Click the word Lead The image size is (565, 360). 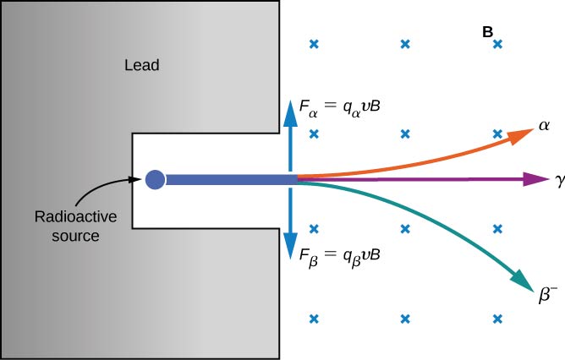tap(141, 65)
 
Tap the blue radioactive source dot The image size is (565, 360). tap(155, 179)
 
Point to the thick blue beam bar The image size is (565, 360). tap(228, 179)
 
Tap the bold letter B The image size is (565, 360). tap(488, 31)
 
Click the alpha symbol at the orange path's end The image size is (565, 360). tap(544, 126)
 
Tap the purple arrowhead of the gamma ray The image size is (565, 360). tap(536, 179)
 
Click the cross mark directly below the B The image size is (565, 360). tap(498, 44)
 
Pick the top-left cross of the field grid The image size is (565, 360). tap(315, 44)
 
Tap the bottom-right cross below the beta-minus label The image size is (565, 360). tap(498, 319)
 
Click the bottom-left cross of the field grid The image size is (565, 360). tap(315, 319)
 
